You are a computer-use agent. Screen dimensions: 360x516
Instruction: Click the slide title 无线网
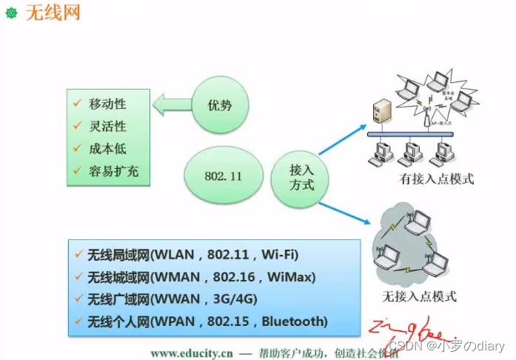53,13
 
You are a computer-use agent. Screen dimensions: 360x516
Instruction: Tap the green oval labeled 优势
221,105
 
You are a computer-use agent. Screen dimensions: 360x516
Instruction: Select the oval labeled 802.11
223,178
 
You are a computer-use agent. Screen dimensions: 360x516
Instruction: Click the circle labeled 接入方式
301,179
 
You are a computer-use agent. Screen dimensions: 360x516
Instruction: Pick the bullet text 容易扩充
113,172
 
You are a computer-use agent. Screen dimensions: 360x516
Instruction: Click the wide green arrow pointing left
172,105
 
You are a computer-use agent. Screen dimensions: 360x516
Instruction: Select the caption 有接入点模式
436,179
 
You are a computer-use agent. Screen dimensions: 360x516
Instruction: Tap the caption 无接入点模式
419,296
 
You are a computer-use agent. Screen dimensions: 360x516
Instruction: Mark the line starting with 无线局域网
192,255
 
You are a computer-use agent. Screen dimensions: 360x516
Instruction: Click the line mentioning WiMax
200,277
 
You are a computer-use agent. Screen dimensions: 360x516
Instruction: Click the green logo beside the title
11,14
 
